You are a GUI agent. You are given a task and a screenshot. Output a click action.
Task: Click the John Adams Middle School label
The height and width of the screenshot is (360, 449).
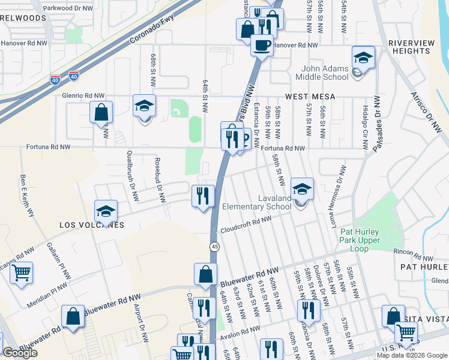click(322, 72)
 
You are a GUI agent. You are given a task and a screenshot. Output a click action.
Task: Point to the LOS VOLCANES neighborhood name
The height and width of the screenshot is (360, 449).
click(91, 225)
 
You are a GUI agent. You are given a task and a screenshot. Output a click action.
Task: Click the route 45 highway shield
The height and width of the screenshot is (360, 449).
click(214, 247)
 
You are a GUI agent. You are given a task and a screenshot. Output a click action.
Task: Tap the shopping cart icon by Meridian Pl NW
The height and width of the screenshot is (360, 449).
click(22, 273)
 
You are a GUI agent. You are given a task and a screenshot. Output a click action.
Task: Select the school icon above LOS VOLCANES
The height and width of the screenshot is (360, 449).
click(106, 211)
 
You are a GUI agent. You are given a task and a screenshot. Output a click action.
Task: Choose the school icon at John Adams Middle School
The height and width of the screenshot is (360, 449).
click(363, 58)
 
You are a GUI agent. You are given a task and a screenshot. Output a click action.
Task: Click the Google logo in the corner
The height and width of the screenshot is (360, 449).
click(20, 353)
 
